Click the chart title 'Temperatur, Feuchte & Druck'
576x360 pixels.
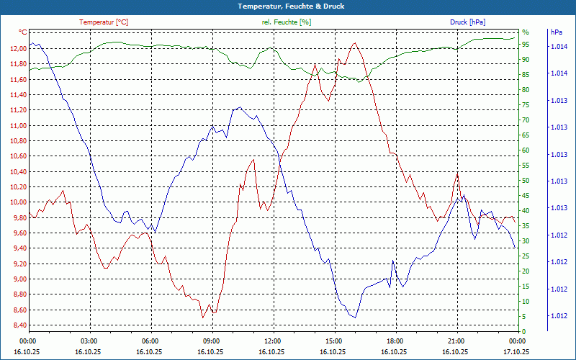[x=288, y=6]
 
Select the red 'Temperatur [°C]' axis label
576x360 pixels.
[x=104, y=22]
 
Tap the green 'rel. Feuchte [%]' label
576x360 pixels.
[x=287, y=22]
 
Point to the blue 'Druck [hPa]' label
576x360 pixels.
[x=467, y=22]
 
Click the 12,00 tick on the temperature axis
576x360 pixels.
[x=18, y=48]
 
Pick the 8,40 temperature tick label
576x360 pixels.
[x=18, y=325]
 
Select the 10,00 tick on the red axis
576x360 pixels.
[x=18, y=202]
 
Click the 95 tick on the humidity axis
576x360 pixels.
[x=526, y=44]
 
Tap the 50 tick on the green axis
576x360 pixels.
[x=526, y=181]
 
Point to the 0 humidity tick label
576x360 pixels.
[x=523, y=332]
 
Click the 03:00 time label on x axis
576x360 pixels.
[x=89, y=341]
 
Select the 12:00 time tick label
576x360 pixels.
[x=272, y=341]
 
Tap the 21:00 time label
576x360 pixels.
[x=456, y=341]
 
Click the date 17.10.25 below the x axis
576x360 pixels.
[x=516, y=351]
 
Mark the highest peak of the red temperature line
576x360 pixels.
[x=354, y=43]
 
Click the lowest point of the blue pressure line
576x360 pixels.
[x=354, y=318]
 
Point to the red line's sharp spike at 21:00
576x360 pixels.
[x=456, y=173]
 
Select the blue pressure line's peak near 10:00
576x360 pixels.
[x=238, y=107]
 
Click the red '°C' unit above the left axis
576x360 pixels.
[x=23, y=32]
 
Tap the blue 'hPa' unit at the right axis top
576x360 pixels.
[x=557, y=32]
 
